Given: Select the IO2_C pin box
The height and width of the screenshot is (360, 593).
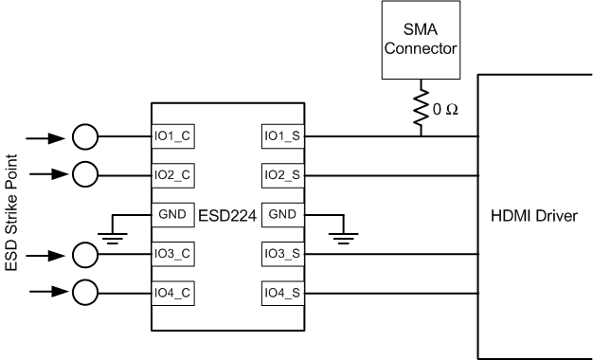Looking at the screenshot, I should [173, 175].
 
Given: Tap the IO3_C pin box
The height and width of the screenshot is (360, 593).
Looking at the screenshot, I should [173, 254].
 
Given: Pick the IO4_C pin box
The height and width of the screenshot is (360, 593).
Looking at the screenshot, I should [173, 292].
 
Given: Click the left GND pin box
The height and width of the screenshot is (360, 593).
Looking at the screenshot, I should [173, 214].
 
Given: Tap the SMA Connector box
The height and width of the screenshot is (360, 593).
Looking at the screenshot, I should [421, 41].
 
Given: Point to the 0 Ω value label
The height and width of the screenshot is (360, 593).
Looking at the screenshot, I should [446, 109].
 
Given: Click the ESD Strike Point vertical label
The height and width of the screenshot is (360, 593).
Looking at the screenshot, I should [13, 213].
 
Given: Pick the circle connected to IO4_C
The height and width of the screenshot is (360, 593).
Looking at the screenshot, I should [85, 292].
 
